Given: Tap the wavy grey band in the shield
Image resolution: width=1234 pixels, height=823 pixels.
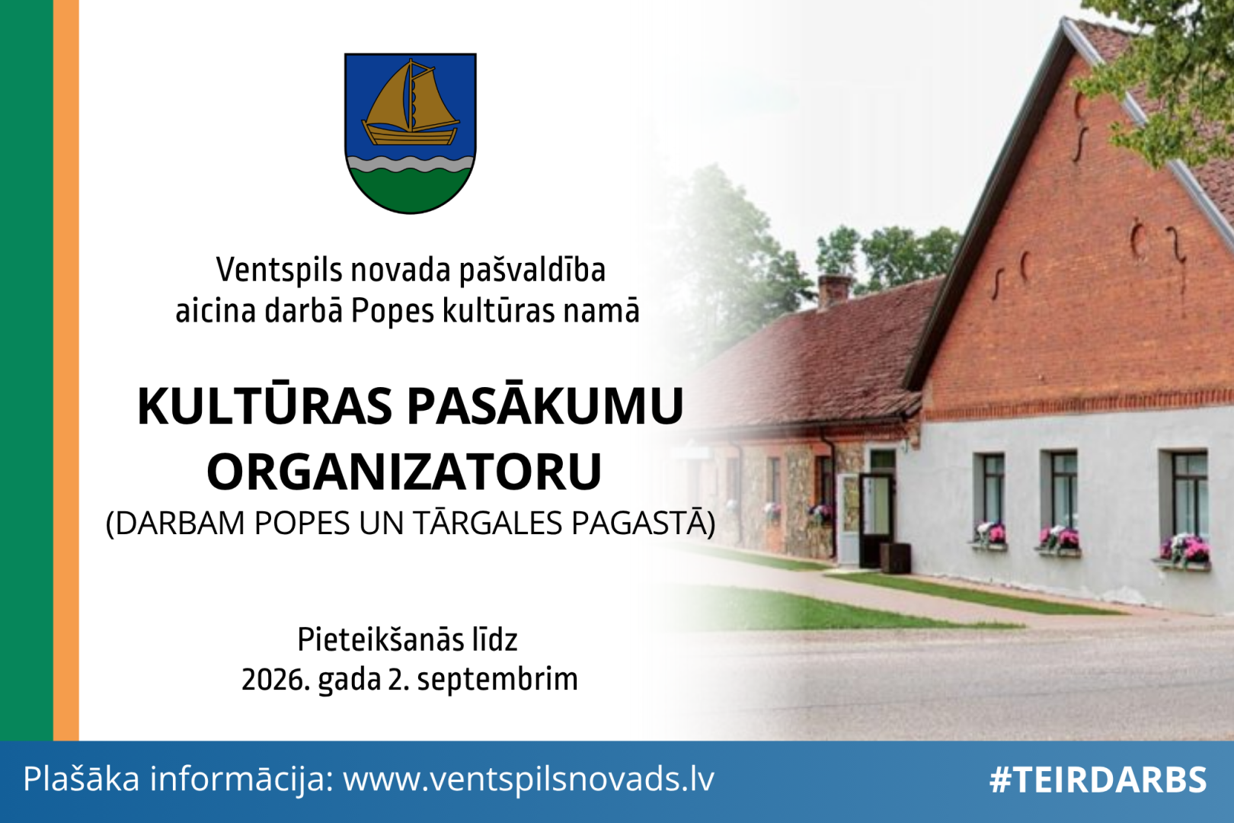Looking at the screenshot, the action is point(411,164).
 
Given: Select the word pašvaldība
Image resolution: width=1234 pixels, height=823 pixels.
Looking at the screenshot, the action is point(532,270).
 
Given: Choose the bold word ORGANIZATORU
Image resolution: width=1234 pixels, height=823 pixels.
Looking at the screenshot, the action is point(404,472).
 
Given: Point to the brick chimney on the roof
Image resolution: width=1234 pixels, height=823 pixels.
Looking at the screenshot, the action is point(833,290).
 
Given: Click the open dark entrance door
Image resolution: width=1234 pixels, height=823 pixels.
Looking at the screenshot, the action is point(876,519).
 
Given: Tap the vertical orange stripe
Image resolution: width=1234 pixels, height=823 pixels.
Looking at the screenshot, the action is point(66,370).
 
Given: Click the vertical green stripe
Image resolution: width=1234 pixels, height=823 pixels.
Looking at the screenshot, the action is point(27,370).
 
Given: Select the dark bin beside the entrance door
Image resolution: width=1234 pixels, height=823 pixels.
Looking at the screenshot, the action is point(895,557).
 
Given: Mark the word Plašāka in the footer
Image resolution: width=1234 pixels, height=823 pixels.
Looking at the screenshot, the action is point(81,779).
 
